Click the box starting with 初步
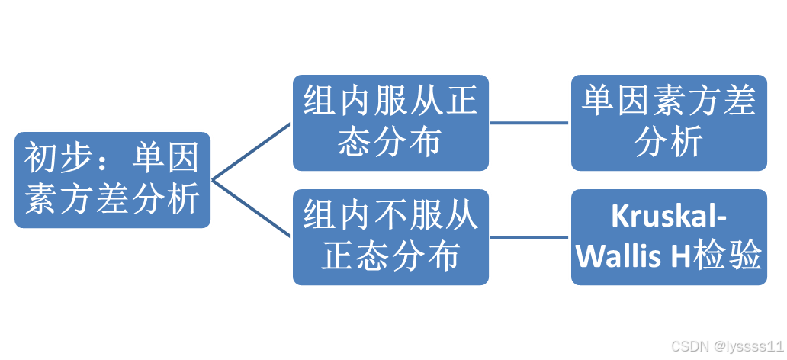[112, 180]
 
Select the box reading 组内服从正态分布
[390, 122]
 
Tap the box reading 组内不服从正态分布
[390, 237]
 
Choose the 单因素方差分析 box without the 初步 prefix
[669, 122]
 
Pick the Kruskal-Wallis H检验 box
[669, 237]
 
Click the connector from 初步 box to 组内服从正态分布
[252, 151]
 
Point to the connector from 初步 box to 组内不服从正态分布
[252, 208]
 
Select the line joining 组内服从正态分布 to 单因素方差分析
[530, 122]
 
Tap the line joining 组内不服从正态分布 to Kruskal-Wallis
[530, 237]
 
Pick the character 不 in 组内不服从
[390, 217]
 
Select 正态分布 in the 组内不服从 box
[390, 258]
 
